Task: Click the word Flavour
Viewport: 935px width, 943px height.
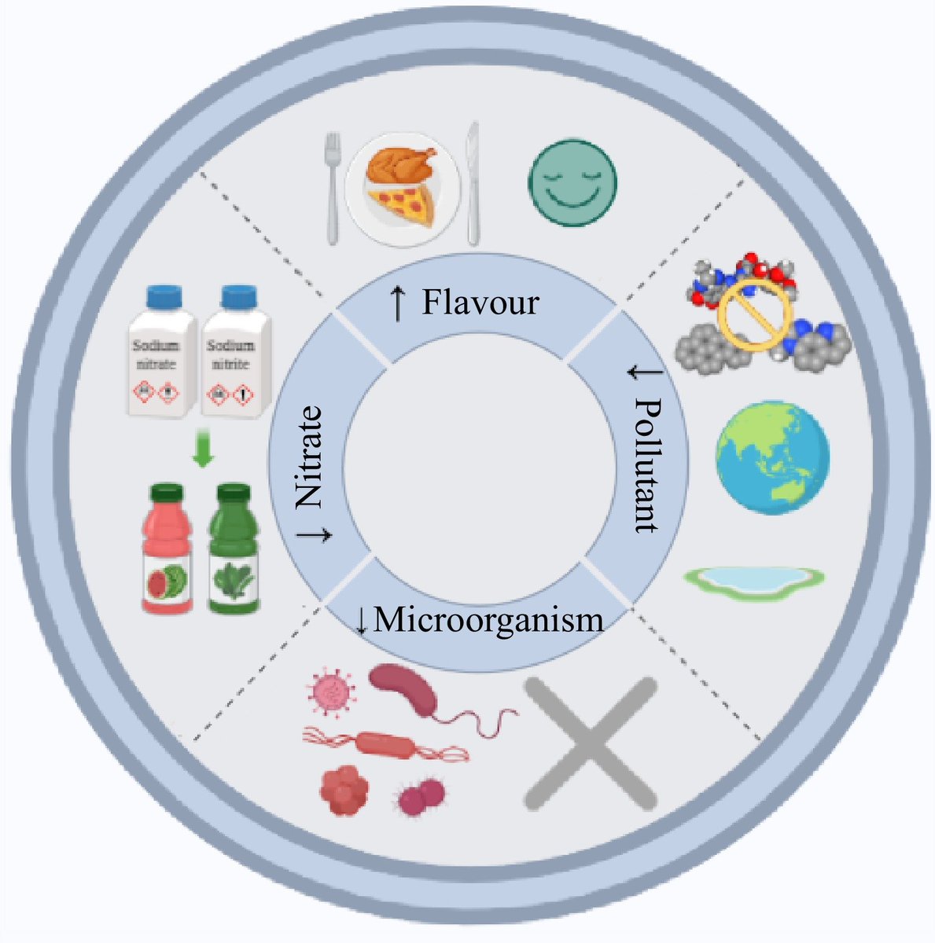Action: pos(480,303)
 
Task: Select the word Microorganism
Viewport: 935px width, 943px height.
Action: pos(488,621)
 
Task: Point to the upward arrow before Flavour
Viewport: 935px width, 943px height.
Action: pos(400,303)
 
